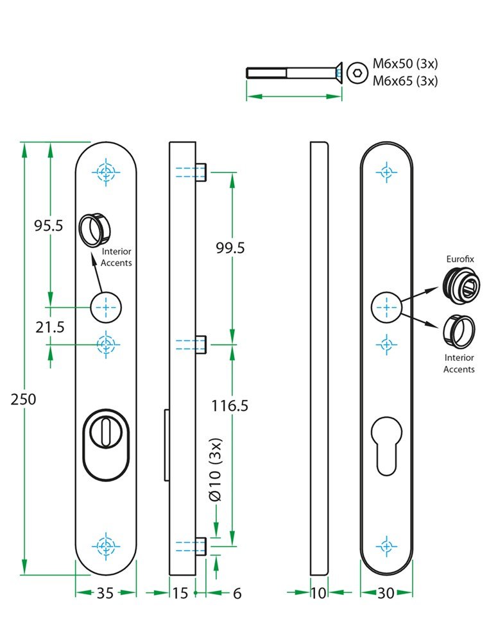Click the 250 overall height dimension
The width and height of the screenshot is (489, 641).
pyautogui.click(x=24, y=399)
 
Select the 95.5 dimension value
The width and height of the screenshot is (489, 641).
pyautogui.click(x=49, y=226)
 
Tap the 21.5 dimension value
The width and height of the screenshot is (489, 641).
pyautogui.click(x=50, y=327)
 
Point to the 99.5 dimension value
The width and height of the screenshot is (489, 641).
pyautogui.click(x=230, y=248)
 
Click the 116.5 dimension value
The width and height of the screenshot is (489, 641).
pyautogui.click(x=230, y=405)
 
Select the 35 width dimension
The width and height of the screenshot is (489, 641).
pyautogui.click(x=105, y=594)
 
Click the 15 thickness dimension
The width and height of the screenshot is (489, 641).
pyautogui.click(x=180, y=594)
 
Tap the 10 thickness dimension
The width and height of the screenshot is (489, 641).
pyautogui.click(x=318, y=594)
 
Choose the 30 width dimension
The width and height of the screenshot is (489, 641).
pyautogui.click(x=386, y=594)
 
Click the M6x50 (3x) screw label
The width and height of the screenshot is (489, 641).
pyautogui.click(x=405, y=65)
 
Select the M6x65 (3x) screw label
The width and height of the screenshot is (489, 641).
pyautogui.click(x=405, y=81)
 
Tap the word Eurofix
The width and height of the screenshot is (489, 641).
pyautogui.click(x=459, y=259)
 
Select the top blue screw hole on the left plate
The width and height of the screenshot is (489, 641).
pyautogui.click(x=107, y=172)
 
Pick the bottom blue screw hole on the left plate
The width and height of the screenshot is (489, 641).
pyautogui.click(x=107, y=547)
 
